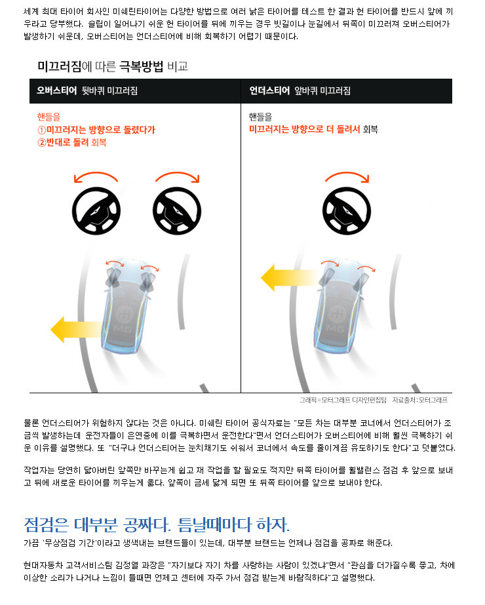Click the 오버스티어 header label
[x=57, y=90]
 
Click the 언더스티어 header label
[x=269, y=90]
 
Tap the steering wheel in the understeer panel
[x=347, y=211]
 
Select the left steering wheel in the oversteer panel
[x=96, y=211]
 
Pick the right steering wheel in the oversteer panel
[x=177, y=211]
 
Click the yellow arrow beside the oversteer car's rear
[x=77, y=329]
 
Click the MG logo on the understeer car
[x=336, y=319]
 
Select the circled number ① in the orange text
[x=42, y=130]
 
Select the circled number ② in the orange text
[x=42, y=143]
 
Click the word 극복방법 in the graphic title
[x=141, y=66]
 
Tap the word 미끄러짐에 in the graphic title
[x=65, y=66]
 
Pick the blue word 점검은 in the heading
[x=46, y=525]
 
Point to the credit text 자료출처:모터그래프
[x=420, y=400]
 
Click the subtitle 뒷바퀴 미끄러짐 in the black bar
[x=109, y=91]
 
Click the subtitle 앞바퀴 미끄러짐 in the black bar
[x=322, y=91]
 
